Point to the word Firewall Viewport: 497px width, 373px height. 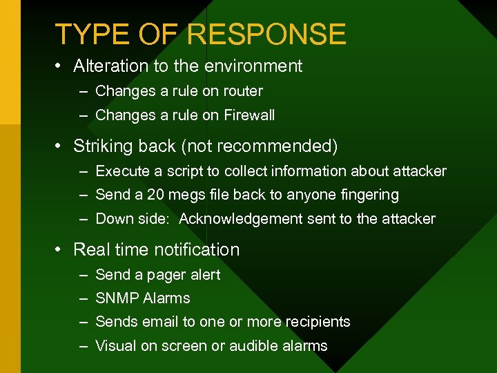pyautogui.click(x=249, y=115)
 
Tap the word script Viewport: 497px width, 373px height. pyautogui.click(x=181, y=171)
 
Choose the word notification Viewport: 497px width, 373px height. pyautogui.click(x=197, y=250)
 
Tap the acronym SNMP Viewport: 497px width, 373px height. pyautogui.click(x=117, y=298)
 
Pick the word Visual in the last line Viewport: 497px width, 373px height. pyautogui.click(x=115, y=346)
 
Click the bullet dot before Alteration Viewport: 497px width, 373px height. pyautogui.click(x=60, y=67)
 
